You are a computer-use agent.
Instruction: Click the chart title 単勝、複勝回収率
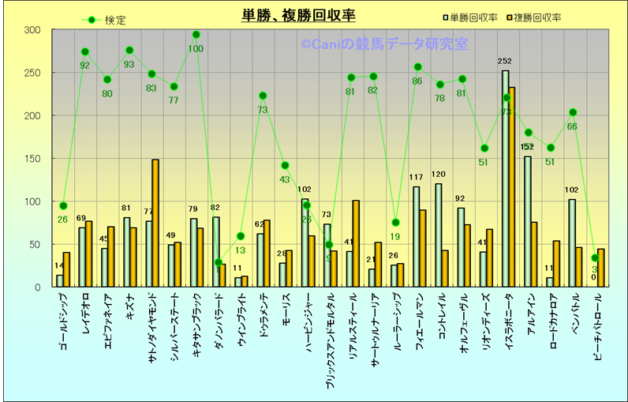pos(298,15)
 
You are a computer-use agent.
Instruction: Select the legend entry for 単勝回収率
pos(474,17)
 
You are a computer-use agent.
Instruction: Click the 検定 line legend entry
pos(103,20)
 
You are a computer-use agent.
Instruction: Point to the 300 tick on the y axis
pos(32,30)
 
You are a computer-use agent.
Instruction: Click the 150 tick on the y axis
pos(32,159)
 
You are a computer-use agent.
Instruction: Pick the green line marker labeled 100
pos(196,35)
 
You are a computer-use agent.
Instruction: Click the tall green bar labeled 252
pos(505,178)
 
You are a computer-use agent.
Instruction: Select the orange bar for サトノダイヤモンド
pos(155,223)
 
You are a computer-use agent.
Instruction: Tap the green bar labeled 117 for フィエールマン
pos(416,236)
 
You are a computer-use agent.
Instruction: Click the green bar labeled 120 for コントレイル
pos(438,235)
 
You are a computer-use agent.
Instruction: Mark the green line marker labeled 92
pos(85,52)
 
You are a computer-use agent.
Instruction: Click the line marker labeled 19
pos(395,223)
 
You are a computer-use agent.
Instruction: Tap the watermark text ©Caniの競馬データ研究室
pos(384,45)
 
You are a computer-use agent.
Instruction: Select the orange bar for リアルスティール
pos(356,243)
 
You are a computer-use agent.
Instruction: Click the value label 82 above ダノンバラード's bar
pos(215,208)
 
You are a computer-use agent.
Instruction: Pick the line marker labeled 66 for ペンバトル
pos(573,112)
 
